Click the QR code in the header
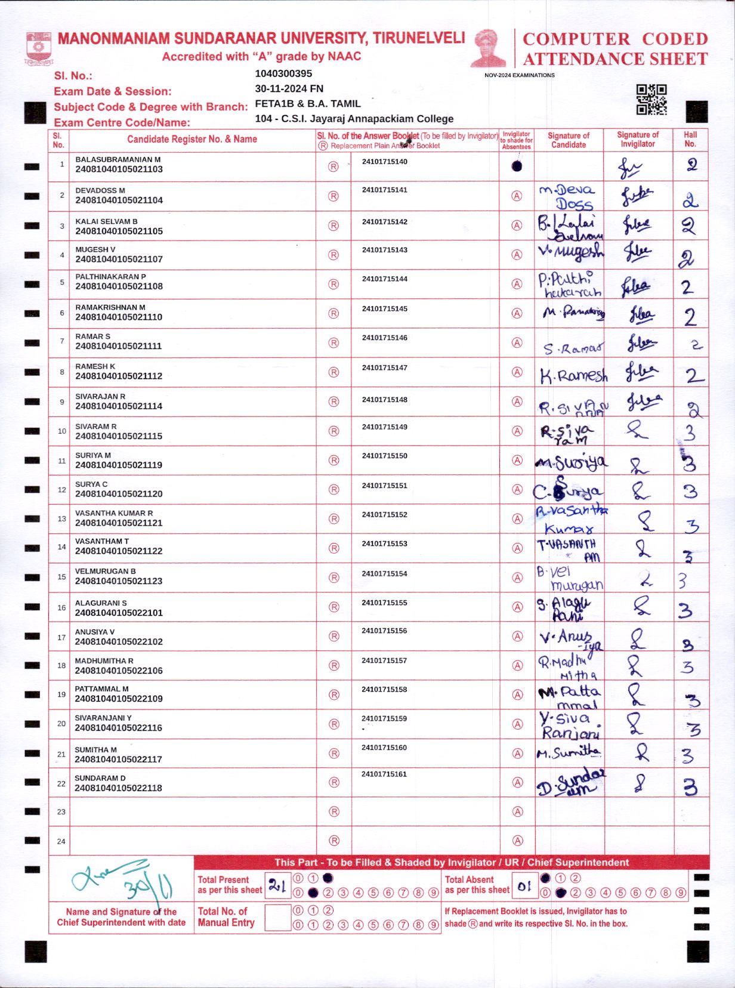pos(651,99)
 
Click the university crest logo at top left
pos(39,48)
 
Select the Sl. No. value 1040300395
pos(283,73)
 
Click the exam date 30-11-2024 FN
pos(289,88)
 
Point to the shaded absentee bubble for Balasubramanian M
pos(517,166)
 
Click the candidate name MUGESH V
pos(95,249)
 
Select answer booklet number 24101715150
pos(384,456)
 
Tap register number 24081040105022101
pos(119,613)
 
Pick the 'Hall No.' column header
pos(690,139)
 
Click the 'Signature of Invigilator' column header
pos(638,139)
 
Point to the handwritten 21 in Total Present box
pos(277,885)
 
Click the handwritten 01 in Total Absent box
pos(524,886)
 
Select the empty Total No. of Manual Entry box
pos(277,918)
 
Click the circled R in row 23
pos(334,811)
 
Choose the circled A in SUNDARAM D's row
pos(517,782)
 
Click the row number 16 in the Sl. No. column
pos(61,607)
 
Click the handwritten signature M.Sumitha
pos(569,753)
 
